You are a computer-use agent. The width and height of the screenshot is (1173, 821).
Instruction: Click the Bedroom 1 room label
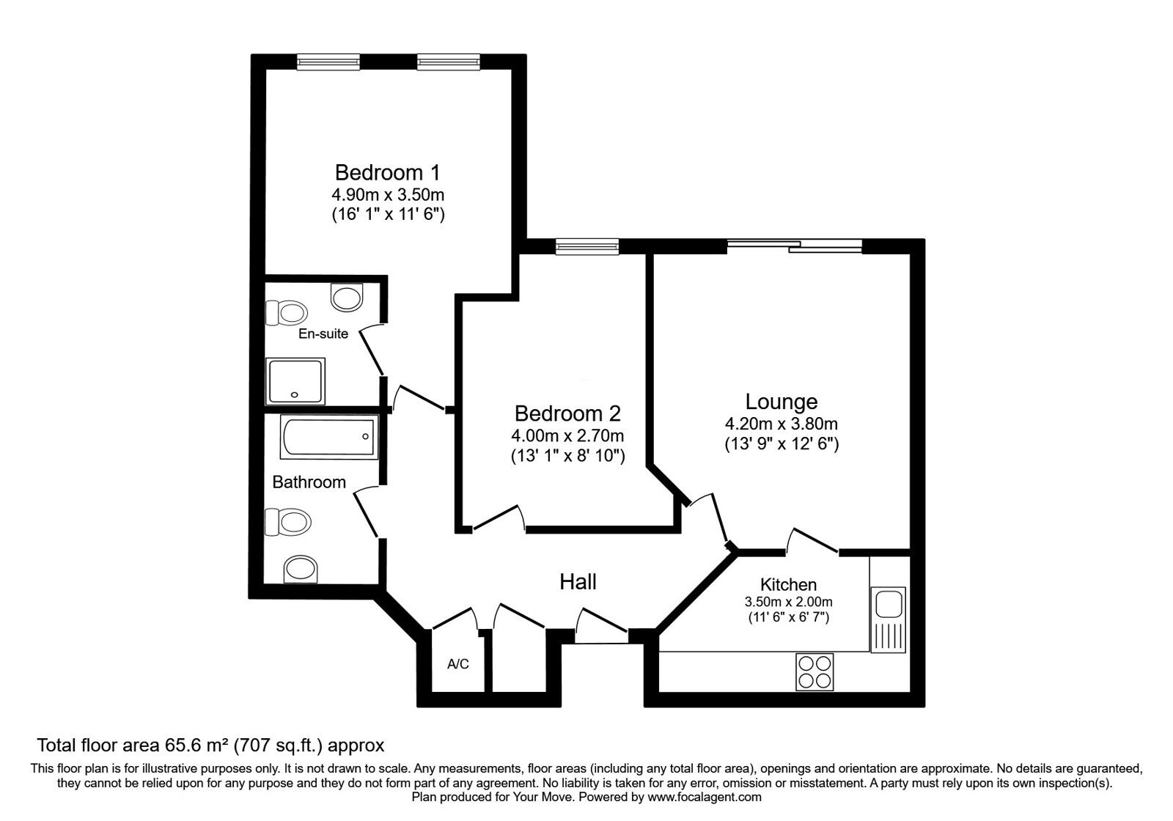tap(387, 173)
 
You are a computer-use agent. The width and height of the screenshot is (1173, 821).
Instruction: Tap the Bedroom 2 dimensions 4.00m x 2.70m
tap(567, 435)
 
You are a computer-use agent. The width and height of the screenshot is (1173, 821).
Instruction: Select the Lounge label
tap(781, 402)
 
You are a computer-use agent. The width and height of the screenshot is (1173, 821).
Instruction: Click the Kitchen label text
tap(788, 585)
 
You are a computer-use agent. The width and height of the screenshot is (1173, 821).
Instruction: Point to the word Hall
tap(578, 582)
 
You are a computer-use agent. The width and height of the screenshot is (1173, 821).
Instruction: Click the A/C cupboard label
tap(458, 665)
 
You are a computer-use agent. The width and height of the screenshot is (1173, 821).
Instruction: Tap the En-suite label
tap(323, 334)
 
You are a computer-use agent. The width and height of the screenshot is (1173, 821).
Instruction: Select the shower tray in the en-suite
tap(295, 381)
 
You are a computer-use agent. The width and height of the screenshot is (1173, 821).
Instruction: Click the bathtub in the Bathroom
tap(329, 437)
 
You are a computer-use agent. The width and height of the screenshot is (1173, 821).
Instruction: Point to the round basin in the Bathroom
tap(301, 568)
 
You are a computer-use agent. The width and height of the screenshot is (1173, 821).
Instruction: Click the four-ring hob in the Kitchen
tap(815, 671)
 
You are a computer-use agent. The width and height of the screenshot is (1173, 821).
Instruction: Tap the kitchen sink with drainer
tap(888, 619)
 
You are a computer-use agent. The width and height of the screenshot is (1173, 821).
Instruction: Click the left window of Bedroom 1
tap(328, 62)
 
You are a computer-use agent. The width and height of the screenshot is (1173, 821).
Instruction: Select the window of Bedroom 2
tap(586, 247)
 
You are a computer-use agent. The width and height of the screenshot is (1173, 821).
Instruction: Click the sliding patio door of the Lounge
tap(795, 247)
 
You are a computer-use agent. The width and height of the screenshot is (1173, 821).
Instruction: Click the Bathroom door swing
tap(367, 513)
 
